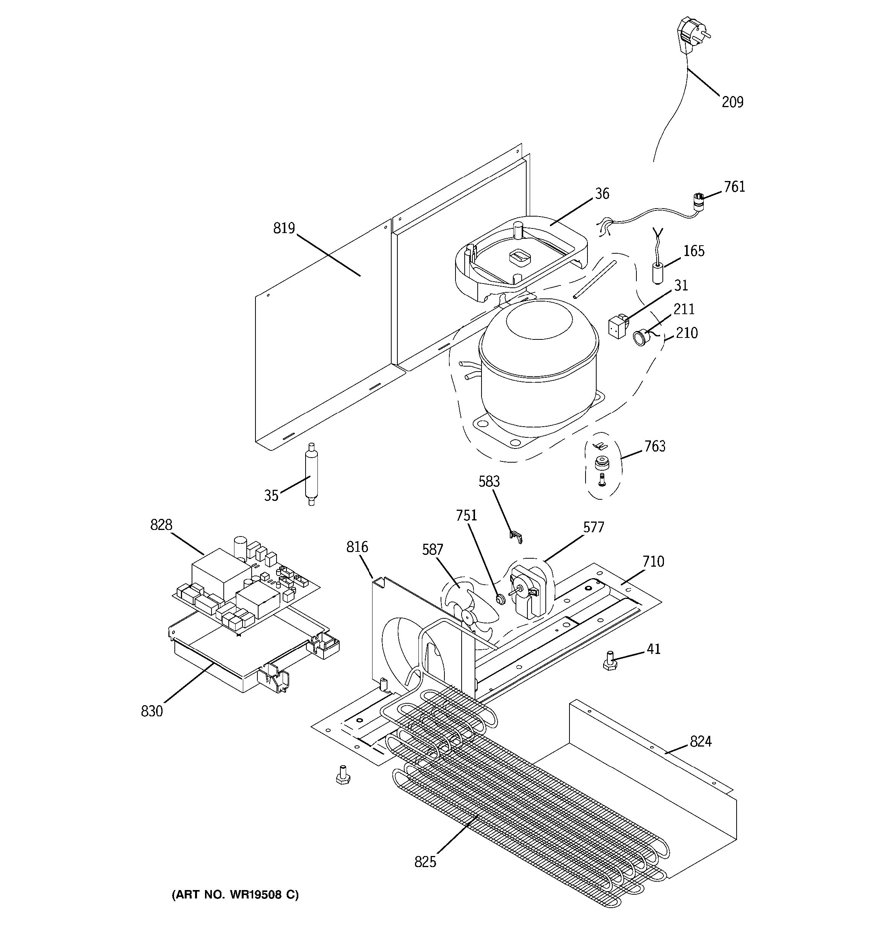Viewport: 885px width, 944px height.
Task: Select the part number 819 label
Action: point(284,228)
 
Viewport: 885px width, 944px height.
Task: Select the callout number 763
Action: point(655,446)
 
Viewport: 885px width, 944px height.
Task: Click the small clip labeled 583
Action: point(517,536)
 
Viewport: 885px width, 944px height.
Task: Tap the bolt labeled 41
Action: point(609,662)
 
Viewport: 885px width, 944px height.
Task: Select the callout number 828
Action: point(161,525)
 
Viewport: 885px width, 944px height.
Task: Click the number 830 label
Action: point(152,711)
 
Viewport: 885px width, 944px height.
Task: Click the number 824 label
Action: point(700,741)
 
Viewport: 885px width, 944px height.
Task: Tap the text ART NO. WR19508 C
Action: point(235,895)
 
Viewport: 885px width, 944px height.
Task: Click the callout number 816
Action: point(357,547)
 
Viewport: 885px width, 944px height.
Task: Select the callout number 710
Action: point(653,562)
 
